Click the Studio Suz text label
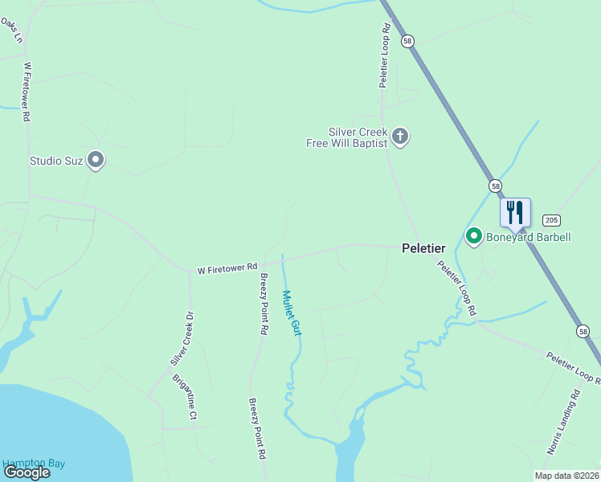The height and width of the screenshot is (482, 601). pyautogui.click(x=56, y=161)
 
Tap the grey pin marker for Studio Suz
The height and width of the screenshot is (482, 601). pyautogui.click(x=96, y=161)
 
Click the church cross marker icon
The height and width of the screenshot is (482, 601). pyautogui.click(x=401, y=137)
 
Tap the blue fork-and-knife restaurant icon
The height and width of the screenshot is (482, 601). pyautogui.click(x=515, y=212)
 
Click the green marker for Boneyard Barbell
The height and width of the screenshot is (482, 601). pyautogui.click(x=474, y=236)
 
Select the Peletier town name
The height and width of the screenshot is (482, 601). pyautogui.click(x=423, y=249)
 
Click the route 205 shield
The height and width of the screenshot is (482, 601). pyautogui.click(x=550, y=220)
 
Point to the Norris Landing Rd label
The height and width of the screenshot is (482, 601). pyautogui.click(x=563, y=423)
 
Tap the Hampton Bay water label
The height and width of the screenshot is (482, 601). pyautogui.click(x=33, y=464)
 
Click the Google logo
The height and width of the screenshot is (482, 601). pyautogui.click(x=27, y=472)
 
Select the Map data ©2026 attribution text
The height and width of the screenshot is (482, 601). pyautogui.click(x=567, y=476)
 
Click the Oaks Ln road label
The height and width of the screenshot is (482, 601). pyautogui.click(x=9, y=31)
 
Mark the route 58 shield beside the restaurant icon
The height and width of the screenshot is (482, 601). pyautogui.click(x=496, y=186)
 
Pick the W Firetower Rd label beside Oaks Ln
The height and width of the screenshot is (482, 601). pyautogui.click(x=27, y=92)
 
